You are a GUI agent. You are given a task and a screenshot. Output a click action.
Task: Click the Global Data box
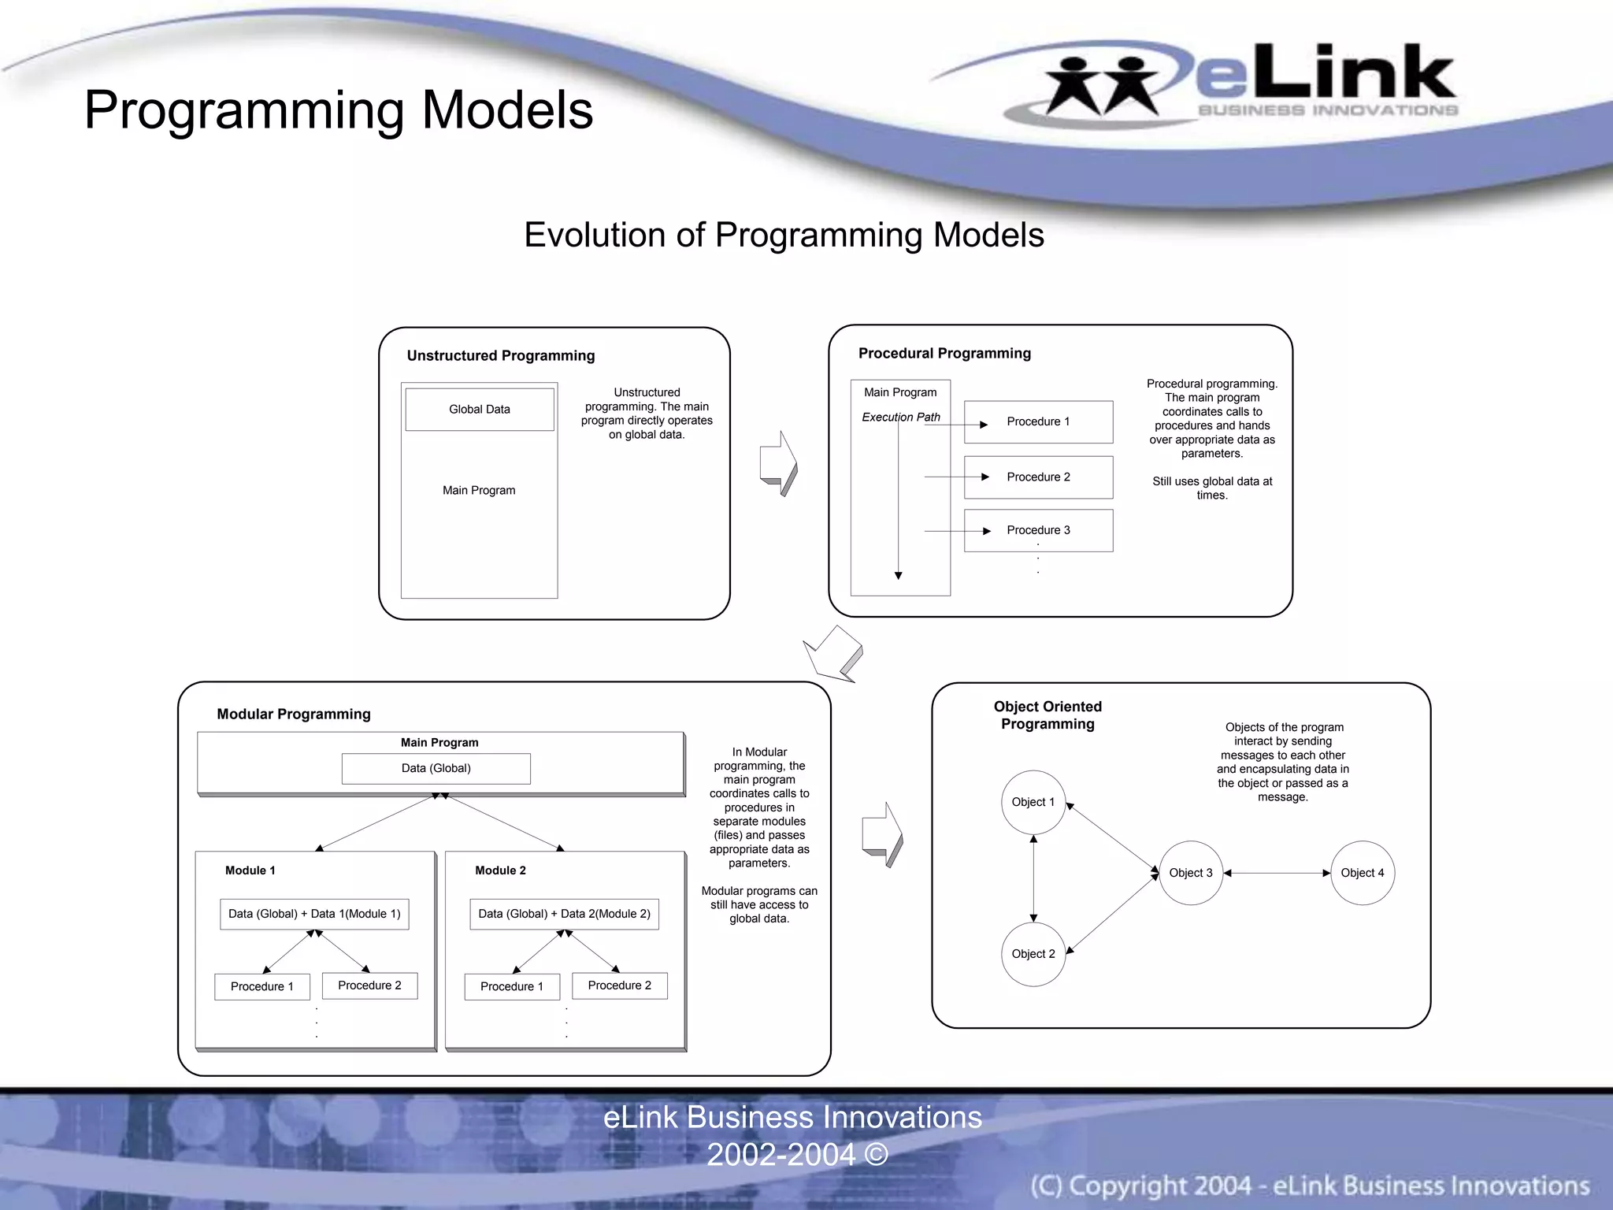479,410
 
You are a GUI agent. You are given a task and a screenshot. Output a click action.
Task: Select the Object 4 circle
1362,873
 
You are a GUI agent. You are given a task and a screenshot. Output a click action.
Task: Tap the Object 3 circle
1190,873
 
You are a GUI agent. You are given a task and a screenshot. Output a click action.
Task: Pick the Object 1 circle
1033,802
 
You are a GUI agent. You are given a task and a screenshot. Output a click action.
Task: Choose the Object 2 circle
1033,954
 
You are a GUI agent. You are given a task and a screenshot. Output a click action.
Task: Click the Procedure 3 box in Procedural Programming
1038,530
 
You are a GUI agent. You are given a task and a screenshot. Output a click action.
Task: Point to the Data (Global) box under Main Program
436,768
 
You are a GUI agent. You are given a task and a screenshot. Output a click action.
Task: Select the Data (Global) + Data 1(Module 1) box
314,914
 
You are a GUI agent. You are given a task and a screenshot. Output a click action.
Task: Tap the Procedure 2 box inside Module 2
619,985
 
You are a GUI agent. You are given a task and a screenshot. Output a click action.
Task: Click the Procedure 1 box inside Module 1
261,986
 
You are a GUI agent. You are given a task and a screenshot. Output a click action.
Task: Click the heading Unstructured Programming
501,355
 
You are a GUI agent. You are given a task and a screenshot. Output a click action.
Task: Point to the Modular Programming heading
294,714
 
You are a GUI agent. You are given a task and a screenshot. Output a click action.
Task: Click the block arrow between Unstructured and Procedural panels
778,463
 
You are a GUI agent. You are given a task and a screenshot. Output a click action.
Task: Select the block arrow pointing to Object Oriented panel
882,835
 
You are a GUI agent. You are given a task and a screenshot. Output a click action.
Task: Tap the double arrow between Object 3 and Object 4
1277,873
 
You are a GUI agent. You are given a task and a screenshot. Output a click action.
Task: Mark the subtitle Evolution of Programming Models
784,235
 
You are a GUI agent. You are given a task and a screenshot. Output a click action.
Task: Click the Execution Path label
901,417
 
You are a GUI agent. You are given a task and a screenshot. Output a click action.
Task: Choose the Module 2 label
500,870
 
